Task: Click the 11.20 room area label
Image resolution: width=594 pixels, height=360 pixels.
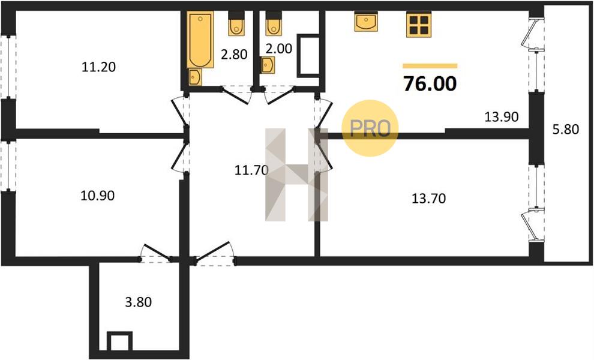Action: [x=98, y=67]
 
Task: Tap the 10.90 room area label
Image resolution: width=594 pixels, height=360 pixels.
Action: [x=98, y=196]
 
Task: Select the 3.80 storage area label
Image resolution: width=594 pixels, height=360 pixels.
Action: [x=138, y=302]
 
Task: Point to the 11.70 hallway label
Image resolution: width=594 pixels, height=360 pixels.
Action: [x=251, y=170]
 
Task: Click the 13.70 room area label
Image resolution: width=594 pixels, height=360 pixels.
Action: [x=428, y=198]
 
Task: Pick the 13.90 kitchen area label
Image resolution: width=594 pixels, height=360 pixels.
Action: [x=502, y=117]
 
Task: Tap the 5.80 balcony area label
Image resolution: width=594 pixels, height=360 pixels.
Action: [x=565, y=130]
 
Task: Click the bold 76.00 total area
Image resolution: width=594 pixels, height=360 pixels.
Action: [x=430, y=84]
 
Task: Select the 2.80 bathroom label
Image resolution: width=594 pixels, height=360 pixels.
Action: [x=234, y=55]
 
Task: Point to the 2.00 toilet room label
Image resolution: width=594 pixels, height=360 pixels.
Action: [x=278, y=49]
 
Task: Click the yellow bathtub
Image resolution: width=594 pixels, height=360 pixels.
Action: [x=200, y=40]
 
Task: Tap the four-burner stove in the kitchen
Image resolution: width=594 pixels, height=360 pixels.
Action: [x=419, y=25]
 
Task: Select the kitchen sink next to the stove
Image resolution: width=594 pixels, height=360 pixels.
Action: [x=366, y=21]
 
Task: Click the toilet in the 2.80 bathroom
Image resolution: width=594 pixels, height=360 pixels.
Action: [x=236, y=23]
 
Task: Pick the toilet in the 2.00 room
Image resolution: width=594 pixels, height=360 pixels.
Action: [x=274, y=23]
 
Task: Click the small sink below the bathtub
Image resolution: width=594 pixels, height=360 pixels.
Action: [x=195, y=77]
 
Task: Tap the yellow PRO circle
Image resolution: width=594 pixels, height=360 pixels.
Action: [x=370, y=128]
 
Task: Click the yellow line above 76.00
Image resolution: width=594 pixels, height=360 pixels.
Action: [x=430, y=66]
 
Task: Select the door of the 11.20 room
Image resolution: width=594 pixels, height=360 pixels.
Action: [x=179, y=112]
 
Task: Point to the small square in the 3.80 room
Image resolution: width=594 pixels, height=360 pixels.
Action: [x=120, y=341]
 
